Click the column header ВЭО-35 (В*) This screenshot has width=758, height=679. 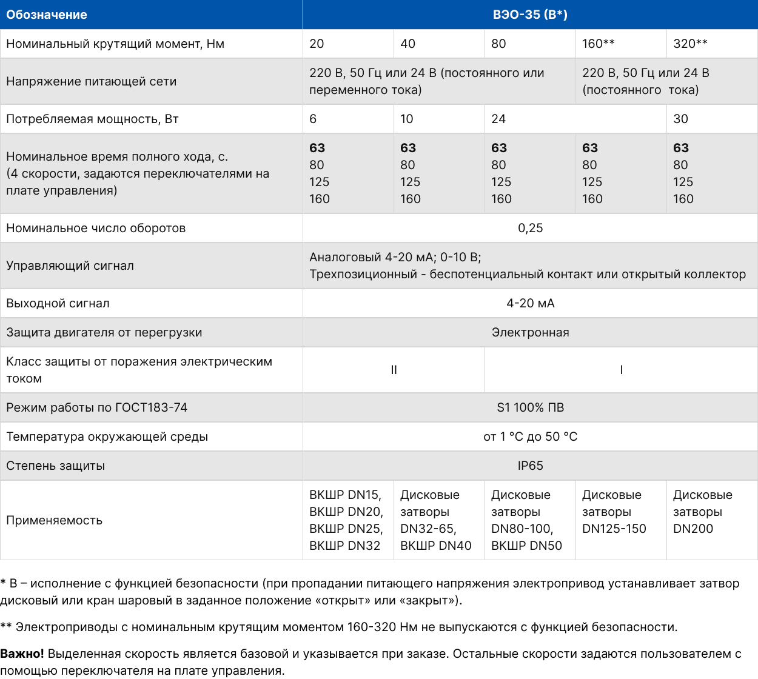(530, 15)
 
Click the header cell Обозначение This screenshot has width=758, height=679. (47, 15)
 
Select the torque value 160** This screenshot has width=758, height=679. (599, 44)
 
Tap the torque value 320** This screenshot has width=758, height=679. (690, 44)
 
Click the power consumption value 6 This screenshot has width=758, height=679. (313, 119)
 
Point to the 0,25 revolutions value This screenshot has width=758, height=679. (530, 228)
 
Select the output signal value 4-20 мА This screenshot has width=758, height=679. (530, 303)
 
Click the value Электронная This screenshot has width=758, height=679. (530, 332)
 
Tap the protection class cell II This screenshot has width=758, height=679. (394, 370)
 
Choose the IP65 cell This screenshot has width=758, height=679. (530, 466)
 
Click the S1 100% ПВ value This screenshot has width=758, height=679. (530, 407)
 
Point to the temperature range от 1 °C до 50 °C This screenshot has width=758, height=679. (530, 436)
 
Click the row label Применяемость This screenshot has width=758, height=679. (54, 520)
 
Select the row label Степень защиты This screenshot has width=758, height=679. (55, 466)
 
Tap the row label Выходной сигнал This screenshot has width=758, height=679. (58, 303)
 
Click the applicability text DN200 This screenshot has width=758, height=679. (693, 529)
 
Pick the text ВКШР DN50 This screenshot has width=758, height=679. (526, 546)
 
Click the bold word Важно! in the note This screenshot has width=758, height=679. (22, 654)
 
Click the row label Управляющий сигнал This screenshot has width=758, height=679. (70, 266)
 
